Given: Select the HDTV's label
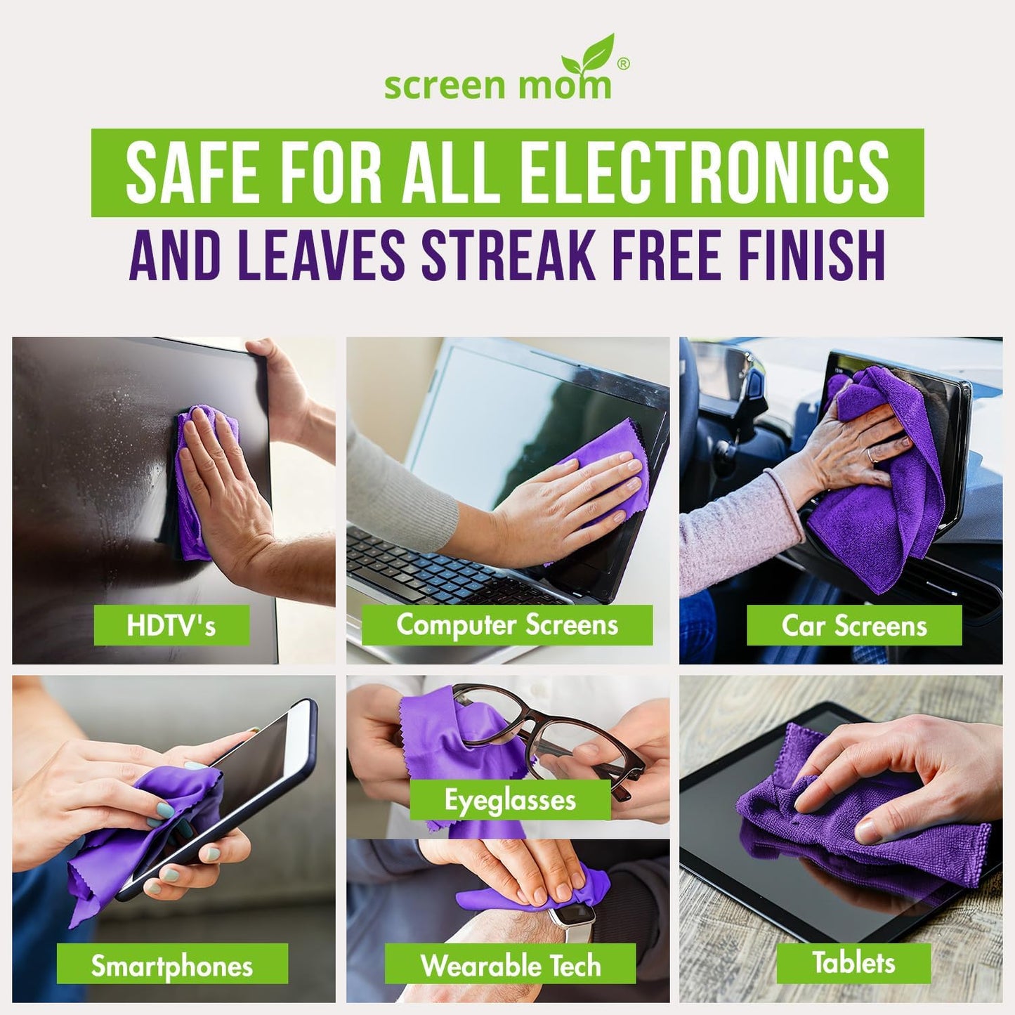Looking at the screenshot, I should pyautogui.click(x=171, y=625).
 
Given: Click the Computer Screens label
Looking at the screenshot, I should pyautogui.click(x=506, y=624).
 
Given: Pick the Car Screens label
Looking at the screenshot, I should pyautogui.click(x=853, y=625).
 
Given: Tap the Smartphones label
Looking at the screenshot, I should pyautogui.click(x=172, y=966).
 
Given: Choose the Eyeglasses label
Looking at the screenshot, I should pyautogui.click(x=510, y=799).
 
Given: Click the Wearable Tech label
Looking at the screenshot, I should pyautogui.click(x=510, y=965).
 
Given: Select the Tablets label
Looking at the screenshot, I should pyautogui.click(x=853, y=962).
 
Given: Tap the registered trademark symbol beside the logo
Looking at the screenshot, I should pyautogui.click(x=622, y=64).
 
